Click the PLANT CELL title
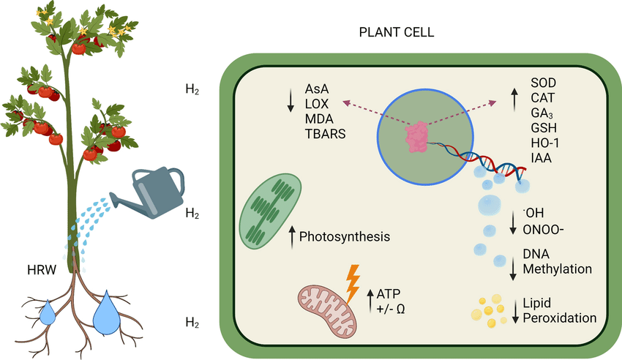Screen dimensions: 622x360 pos(397,32)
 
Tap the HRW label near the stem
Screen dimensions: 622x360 pos(42,270)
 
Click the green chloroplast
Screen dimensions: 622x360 pos(270,211)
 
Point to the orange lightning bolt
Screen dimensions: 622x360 pos(353,283)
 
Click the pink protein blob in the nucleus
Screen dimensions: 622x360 pos(416,137)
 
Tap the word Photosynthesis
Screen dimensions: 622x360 pos(345,236)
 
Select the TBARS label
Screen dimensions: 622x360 pos(326,134)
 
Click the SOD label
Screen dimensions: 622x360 pos(544,83)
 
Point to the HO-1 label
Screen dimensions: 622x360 pos(545,143)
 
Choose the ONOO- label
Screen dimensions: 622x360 pos(543,230)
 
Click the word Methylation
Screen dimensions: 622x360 pos(558,269)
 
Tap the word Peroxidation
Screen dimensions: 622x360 pos(560,318)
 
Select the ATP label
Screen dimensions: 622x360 pos(389,294)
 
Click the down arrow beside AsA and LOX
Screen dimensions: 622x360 pos(291,100)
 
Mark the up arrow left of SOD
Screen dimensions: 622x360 pos(514,100)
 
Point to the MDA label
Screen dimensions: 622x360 pos(319,119)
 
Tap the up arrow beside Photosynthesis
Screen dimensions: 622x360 pos(293,237)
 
